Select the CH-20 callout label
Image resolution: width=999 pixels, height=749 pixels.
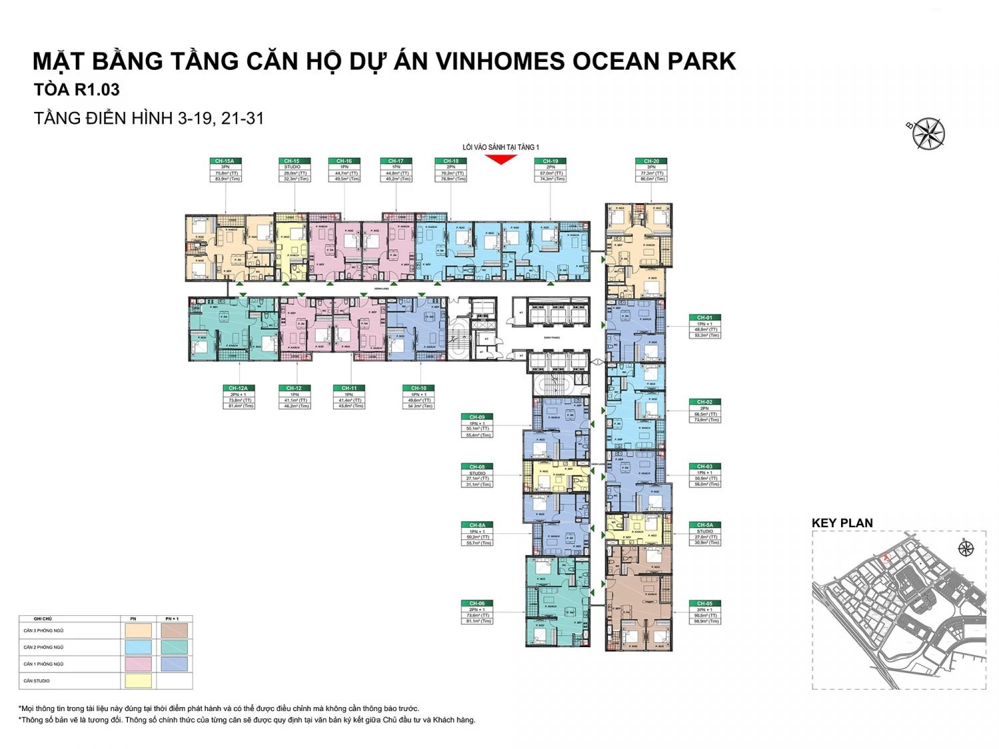click(x=651, y=161)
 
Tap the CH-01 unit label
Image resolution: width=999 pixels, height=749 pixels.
click(x=705, y=318)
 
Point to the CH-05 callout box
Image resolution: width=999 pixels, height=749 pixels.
click(x=705, y=612)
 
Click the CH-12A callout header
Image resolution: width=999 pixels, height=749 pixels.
click(x=238, y=388)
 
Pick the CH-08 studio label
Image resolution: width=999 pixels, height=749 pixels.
click(x=477, y=467)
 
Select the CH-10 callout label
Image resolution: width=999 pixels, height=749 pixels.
click(x=418, y=388)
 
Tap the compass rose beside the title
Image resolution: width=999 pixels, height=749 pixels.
click(x=928, y=132)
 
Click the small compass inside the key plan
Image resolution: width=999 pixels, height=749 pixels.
click(x=966, y=549)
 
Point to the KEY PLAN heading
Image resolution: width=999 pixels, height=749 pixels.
click(x=842, y=523)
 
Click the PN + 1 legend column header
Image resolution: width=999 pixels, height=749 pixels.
click(x=174, y=619)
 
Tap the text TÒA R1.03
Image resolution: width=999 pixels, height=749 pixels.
click(x=77, y=90)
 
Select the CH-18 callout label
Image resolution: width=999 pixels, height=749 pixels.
click(x=451, y=161)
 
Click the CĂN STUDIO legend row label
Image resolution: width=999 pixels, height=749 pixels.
click(x=37, y=681)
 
